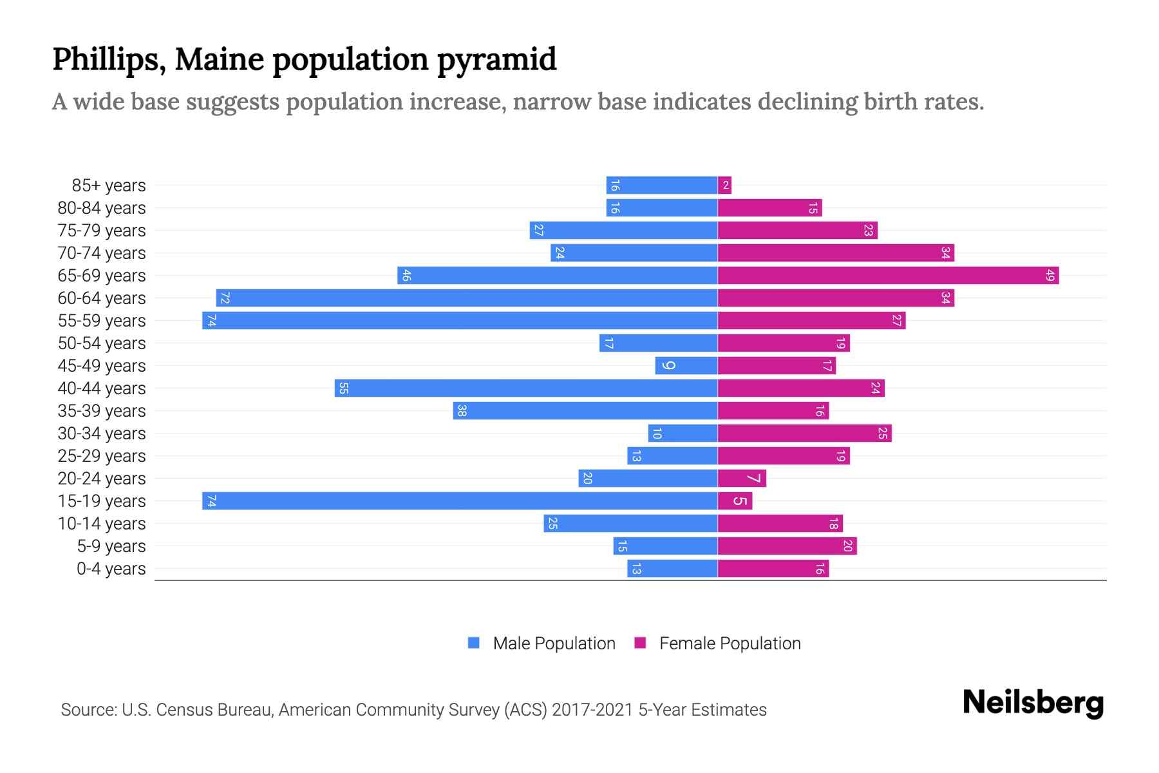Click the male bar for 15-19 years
point(460,501)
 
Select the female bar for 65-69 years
point(888,276)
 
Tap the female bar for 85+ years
point(724,186)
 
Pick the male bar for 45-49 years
point(686,366)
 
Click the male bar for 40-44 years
point(526,388)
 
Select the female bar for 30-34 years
point(804,434)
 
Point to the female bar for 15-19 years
point(735,501)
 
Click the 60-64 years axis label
point(102,298)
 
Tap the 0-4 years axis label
point(111,569)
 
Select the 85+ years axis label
point(109,186)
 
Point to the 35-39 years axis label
point(102,411)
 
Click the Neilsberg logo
point(1033,702)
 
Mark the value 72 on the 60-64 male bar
point(225,298)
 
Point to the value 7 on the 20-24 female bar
point(753,479)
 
